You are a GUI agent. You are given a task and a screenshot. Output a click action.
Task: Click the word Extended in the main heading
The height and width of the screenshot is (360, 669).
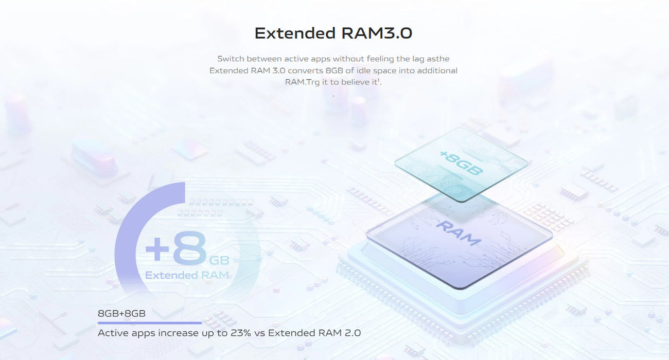pyautogui.click(x=295, y=33)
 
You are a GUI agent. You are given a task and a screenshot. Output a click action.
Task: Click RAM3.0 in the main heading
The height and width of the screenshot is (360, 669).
pyautogui.click(x=377, y=33)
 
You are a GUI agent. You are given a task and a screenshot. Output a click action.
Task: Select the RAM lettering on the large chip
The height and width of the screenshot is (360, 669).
pyautogui.click(x=458, y=232)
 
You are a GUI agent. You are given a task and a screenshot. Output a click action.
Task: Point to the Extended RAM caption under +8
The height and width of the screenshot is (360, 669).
pyautogui.click(x=187, y=275)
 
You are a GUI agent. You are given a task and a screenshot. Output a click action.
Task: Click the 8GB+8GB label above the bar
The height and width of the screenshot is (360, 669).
pyautogui.click(x=121, y=313)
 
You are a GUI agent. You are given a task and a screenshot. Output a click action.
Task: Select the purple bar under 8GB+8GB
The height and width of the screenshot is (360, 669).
pyautogui.click(x=149, y=323)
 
